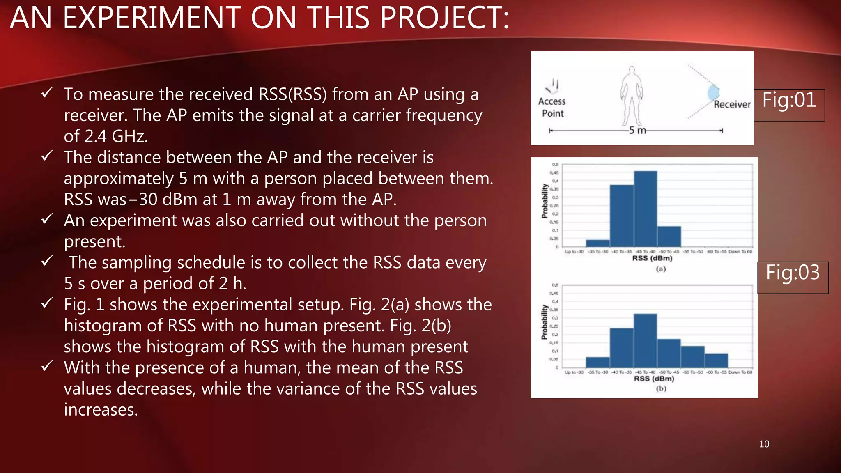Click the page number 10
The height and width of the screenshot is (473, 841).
point(764,444)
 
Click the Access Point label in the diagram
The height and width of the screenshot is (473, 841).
point(552,107)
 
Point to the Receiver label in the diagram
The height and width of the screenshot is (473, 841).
point(732,104)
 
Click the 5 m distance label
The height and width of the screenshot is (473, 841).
point(637,130)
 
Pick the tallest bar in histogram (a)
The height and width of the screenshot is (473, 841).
point(645,209)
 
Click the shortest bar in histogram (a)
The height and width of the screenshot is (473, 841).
point(597,243)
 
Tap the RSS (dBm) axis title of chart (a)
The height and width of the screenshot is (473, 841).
point(652,258)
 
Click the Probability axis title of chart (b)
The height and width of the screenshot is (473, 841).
point(544,322)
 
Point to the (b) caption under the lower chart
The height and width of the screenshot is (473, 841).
point(661,388)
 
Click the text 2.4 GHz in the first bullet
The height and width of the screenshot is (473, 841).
point(106,136)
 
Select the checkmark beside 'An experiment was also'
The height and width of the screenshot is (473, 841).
point(47,219)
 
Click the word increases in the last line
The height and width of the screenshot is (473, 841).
point(101,410)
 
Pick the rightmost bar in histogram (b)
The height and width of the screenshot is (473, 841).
point(716,360)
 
